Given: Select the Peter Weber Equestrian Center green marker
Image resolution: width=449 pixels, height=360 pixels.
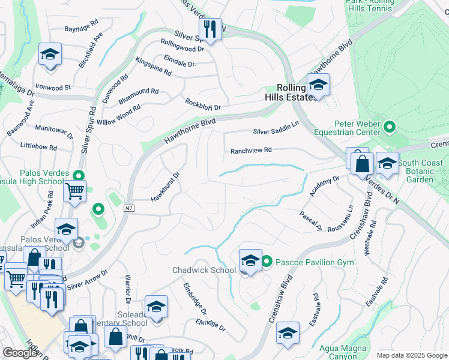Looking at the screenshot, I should pos(390,127).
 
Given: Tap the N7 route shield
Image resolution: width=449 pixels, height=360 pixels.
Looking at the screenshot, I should pos(129,208).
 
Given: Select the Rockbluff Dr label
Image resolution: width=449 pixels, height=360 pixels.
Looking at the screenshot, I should pos(203,104).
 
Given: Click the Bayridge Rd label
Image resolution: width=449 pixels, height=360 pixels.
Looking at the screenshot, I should pos(82,28).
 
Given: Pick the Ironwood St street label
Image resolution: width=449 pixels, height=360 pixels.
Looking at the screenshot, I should pos(53,87).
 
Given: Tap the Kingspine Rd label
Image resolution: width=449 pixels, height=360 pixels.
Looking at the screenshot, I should pos(154,66).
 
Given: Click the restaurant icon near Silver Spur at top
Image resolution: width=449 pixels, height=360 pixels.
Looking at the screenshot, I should pos(210,28).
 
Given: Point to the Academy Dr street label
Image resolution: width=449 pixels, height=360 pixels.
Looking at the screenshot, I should pos(325,186).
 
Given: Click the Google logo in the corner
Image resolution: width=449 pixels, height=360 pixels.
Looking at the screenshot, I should pos(20,353).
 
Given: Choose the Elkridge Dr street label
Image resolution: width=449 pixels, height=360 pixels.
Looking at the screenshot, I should pos(210,325).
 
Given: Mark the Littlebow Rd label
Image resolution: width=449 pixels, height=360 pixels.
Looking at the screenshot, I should pos(38,146).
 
